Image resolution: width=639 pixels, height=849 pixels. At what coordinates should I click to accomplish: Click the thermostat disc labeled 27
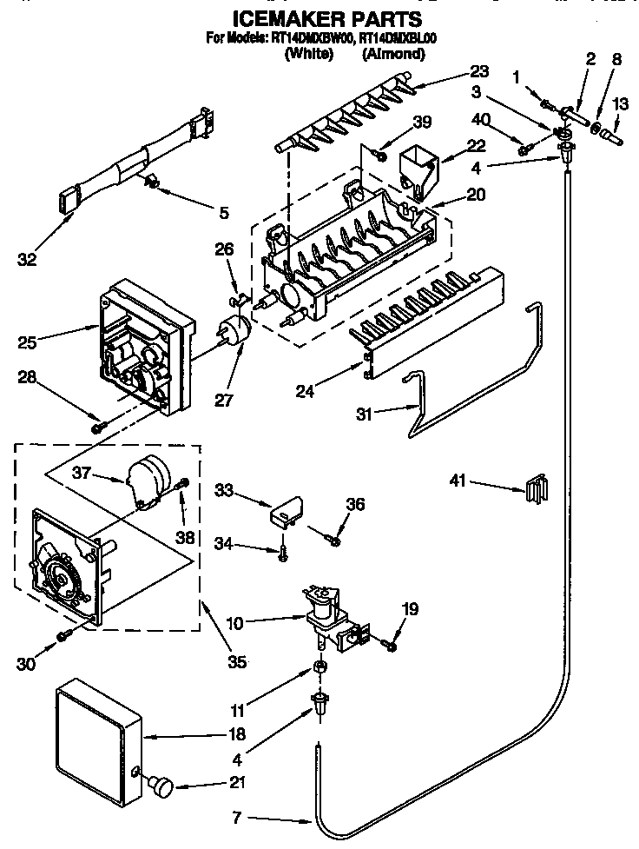pos(234,330)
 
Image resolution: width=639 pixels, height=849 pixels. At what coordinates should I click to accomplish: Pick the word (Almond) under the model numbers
pos(392,54)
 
